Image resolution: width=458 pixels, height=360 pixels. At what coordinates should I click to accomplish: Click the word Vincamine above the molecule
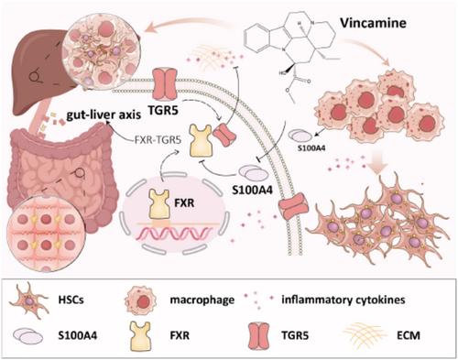pos(373,23)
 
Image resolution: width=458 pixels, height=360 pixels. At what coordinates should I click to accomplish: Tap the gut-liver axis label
pos(104,115)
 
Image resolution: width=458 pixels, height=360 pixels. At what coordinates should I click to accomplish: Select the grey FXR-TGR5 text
pos(158,140)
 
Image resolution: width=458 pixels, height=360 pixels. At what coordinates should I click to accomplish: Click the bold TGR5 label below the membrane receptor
pos(163,110)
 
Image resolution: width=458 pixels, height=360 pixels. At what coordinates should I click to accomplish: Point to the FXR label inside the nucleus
pos(185,202)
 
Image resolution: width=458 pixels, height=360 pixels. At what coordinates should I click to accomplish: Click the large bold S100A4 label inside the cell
pos(252,191)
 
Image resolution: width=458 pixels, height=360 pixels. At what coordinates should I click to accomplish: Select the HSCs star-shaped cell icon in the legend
pos(29,300)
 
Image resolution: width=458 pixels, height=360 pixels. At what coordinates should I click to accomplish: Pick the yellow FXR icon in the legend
pos(140,336)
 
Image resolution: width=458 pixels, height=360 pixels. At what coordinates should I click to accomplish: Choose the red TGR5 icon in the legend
pos(258,336)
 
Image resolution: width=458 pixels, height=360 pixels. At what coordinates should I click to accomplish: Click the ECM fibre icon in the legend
pos(365,336)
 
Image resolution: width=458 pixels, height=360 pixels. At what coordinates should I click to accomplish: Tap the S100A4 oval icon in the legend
pos(27,336)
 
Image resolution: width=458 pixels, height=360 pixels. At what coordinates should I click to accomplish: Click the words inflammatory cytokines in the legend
pos(343,300)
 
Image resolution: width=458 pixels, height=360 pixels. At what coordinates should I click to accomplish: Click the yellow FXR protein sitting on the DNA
pos(159,204)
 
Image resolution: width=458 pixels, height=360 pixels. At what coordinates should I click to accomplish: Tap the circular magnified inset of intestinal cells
pos(45,234)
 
